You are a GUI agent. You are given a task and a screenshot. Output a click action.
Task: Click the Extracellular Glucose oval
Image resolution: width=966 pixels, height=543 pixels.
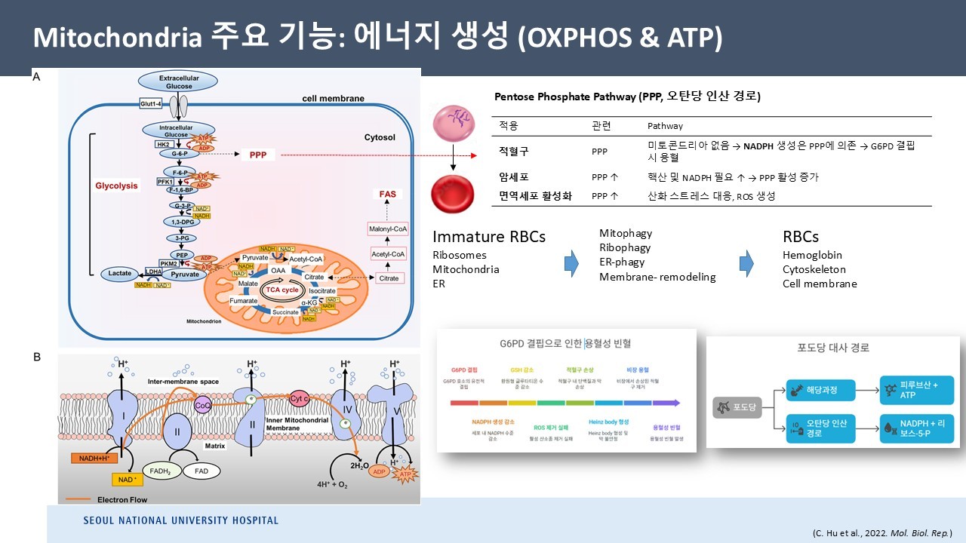[176, 81]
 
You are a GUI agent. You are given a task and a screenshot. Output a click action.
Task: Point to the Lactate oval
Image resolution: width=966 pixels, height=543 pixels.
[121, 275]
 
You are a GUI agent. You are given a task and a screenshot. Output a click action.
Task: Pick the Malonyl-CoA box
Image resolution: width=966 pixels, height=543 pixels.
[387, 229]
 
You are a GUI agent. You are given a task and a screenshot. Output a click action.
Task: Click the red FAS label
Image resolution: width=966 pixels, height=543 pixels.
[387, 194]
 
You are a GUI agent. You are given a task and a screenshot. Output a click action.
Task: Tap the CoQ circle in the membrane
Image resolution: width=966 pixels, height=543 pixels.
[203, 405]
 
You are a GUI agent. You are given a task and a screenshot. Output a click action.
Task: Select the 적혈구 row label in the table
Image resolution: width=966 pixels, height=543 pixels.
[514, 151]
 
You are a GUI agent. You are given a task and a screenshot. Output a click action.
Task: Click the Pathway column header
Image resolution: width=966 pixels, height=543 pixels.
[665, 126]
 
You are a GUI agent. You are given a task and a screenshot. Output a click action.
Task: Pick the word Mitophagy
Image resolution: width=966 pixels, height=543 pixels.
[625, 234]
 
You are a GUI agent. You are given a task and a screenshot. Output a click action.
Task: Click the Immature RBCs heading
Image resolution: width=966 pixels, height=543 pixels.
[488, 237]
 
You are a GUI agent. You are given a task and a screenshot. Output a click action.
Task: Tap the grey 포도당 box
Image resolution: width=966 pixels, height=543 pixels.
[736, 409]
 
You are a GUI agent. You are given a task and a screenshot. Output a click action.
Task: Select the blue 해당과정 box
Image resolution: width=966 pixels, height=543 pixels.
[814, 390]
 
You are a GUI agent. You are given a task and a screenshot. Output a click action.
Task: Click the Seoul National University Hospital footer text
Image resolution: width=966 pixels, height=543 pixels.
[180, 520]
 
